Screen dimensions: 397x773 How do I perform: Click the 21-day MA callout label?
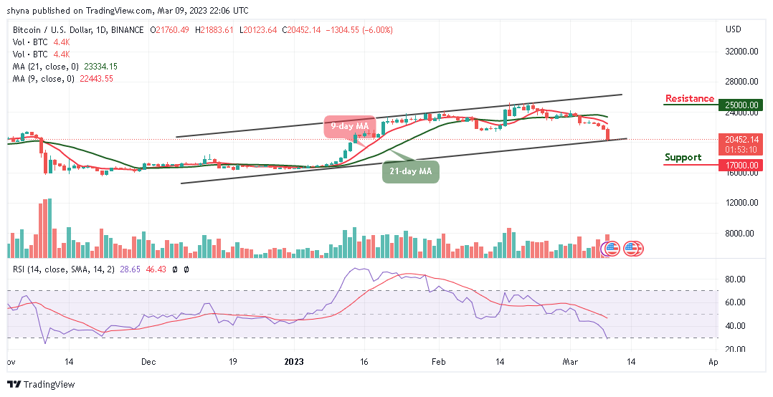[409, 173]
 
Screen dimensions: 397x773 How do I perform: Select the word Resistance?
[689, 99]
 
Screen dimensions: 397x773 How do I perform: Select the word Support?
[683, 157]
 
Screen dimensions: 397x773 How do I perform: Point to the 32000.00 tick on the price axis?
[741, 52]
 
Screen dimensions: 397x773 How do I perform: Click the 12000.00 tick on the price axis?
[741, 203]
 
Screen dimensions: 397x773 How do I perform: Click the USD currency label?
[733, 29]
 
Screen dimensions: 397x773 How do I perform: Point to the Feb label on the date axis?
[439, 363]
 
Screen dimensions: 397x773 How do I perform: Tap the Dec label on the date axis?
[149, 363]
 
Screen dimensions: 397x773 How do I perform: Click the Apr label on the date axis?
[713, 363]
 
